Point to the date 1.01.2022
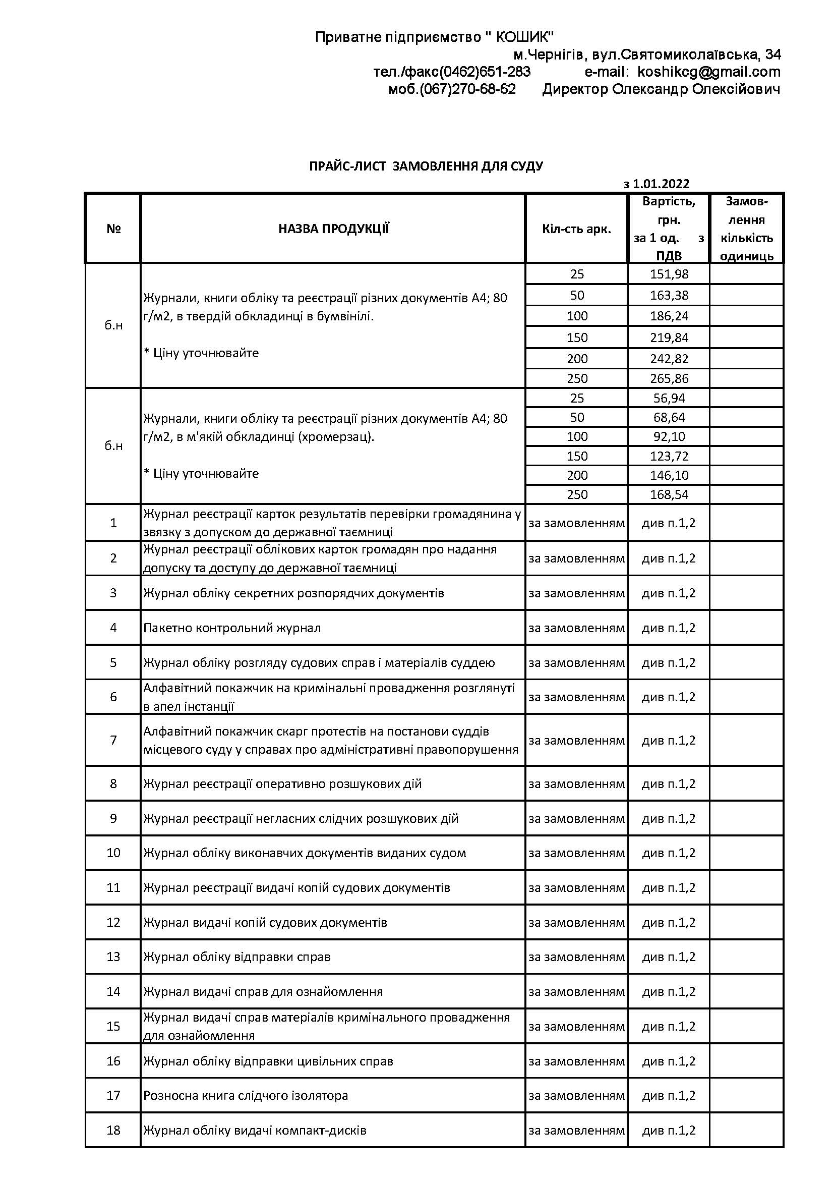(661, 184)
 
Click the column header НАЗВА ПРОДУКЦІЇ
(333, 229)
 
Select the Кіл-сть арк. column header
(576, 229)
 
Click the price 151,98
(669, 274)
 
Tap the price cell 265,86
(669, 379)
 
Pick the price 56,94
(669, 399)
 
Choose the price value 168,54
(669, 494)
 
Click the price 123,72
(669, 456)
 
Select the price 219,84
(669, 338)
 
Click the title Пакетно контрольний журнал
(232, 628)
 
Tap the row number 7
(113, 740)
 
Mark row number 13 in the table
(113, 957)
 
